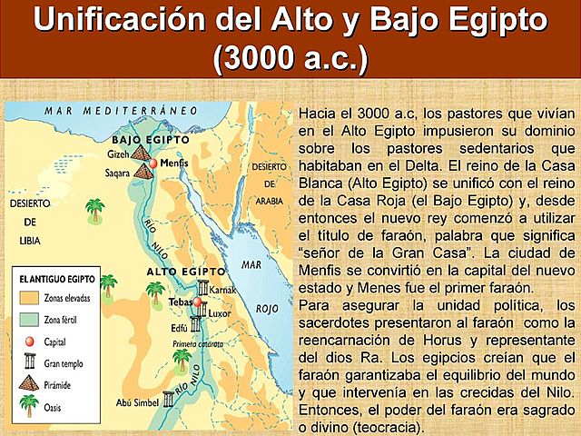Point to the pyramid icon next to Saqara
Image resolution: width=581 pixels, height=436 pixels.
(145, 170)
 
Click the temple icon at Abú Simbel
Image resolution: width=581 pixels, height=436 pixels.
(169, 398)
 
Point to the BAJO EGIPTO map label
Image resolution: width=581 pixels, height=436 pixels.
(151, 140)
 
